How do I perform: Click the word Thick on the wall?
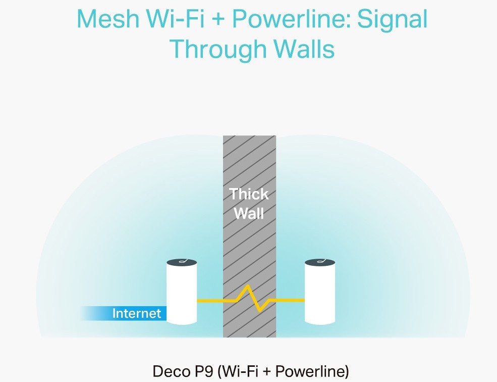click(x=249, y=194)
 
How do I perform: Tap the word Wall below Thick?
click(x=249, y=213)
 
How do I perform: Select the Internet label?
click(x=136, y=313)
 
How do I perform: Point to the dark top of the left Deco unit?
click(x=182, y=262)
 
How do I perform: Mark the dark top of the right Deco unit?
click(x=320, y=262)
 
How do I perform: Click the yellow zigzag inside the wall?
click(x=250, y=299)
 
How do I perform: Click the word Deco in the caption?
click(x=172, y=372)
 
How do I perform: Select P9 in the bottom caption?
click(x=201, y=372)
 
